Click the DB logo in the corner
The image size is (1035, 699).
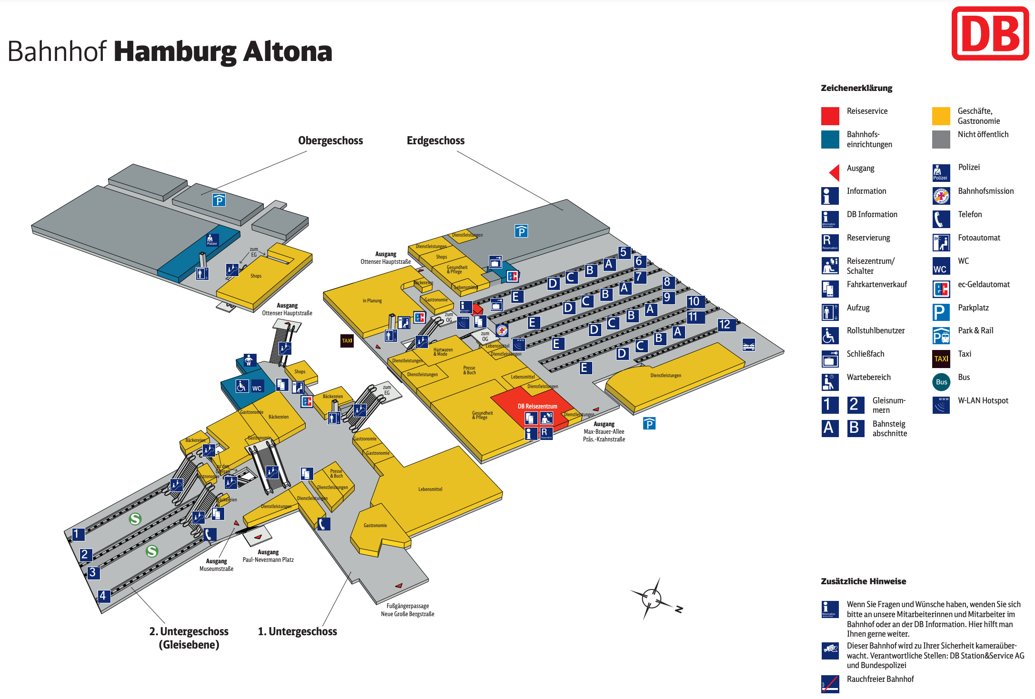[990, 33]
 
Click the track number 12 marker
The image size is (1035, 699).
[725, 324]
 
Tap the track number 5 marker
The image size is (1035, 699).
[623, 252]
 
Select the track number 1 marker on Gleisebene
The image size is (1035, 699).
[77, 534]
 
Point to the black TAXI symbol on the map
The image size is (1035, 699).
[347, 340]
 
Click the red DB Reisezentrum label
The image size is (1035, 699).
[537, 406]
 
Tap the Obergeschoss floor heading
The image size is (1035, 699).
[330, 140]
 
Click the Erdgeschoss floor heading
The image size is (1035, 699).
[435, 140]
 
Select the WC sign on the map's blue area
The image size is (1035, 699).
[257, 388]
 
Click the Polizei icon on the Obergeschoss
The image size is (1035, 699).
[212, 240]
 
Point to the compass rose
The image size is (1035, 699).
[652, 599]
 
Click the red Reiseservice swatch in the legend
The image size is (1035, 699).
[830, 116]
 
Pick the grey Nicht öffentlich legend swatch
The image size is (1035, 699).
[941, 139]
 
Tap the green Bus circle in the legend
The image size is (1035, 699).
[941, 382]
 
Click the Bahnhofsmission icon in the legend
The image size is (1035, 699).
[941, 196]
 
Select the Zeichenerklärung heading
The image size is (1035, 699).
[856, 88]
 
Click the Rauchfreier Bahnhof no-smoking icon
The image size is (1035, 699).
[830, 684]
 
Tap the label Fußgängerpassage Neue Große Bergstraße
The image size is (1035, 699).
[408, 610]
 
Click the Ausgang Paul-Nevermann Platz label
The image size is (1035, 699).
[268, 556]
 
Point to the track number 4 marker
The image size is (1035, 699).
[103, 596]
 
